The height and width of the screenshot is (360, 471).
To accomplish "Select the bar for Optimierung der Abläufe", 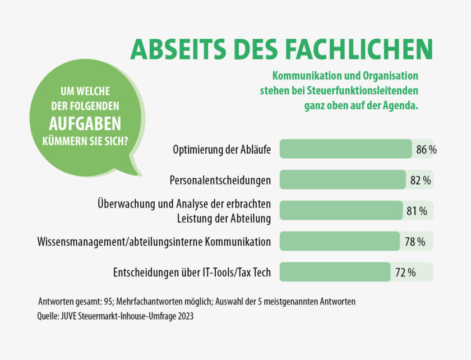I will point(345,149).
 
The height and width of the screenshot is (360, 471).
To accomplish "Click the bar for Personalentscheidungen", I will point(342,179).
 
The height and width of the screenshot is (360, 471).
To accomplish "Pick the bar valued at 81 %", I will point(341,210).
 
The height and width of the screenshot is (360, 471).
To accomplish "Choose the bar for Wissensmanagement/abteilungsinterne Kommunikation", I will point(339,241).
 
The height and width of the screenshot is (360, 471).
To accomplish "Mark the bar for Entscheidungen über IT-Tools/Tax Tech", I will point(335,272).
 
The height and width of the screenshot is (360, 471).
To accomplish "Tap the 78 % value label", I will point(415,242).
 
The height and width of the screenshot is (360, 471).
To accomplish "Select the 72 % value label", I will point(405,273).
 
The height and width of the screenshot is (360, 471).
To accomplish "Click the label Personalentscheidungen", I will point(220,180).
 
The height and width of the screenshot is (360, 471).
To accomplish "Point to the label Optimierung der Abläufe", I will point(223,150).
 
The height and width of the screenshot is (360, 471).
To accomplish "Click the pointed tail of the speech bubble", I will point(133,172).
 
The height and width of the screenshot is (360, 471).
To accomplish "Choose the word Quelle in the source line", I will point(49,316).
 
